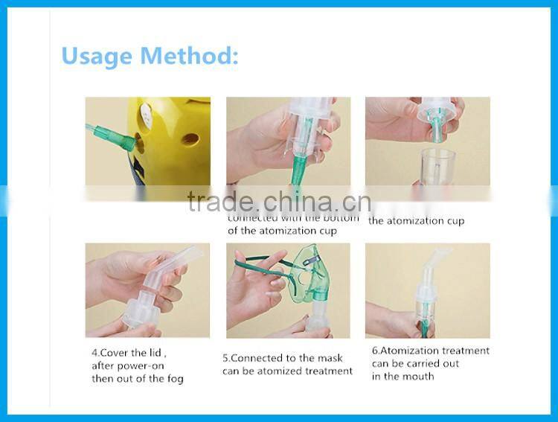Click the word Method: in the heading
coord(195,56)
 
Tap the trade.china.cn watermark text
coord(279,201)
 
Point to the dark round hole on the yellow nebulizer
coord(190,139)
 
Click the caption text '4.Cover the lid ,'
coord(129,352)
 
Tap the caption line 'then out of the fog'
coord(137,379)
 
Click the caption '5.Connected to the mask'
coord(283,357)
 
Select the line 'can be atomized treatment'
coord(287,371)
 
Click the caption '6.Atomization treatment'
coord(430,351)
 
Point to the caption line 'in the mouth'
coord(403,377)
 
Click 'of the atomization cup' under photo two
coord(283,231)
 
